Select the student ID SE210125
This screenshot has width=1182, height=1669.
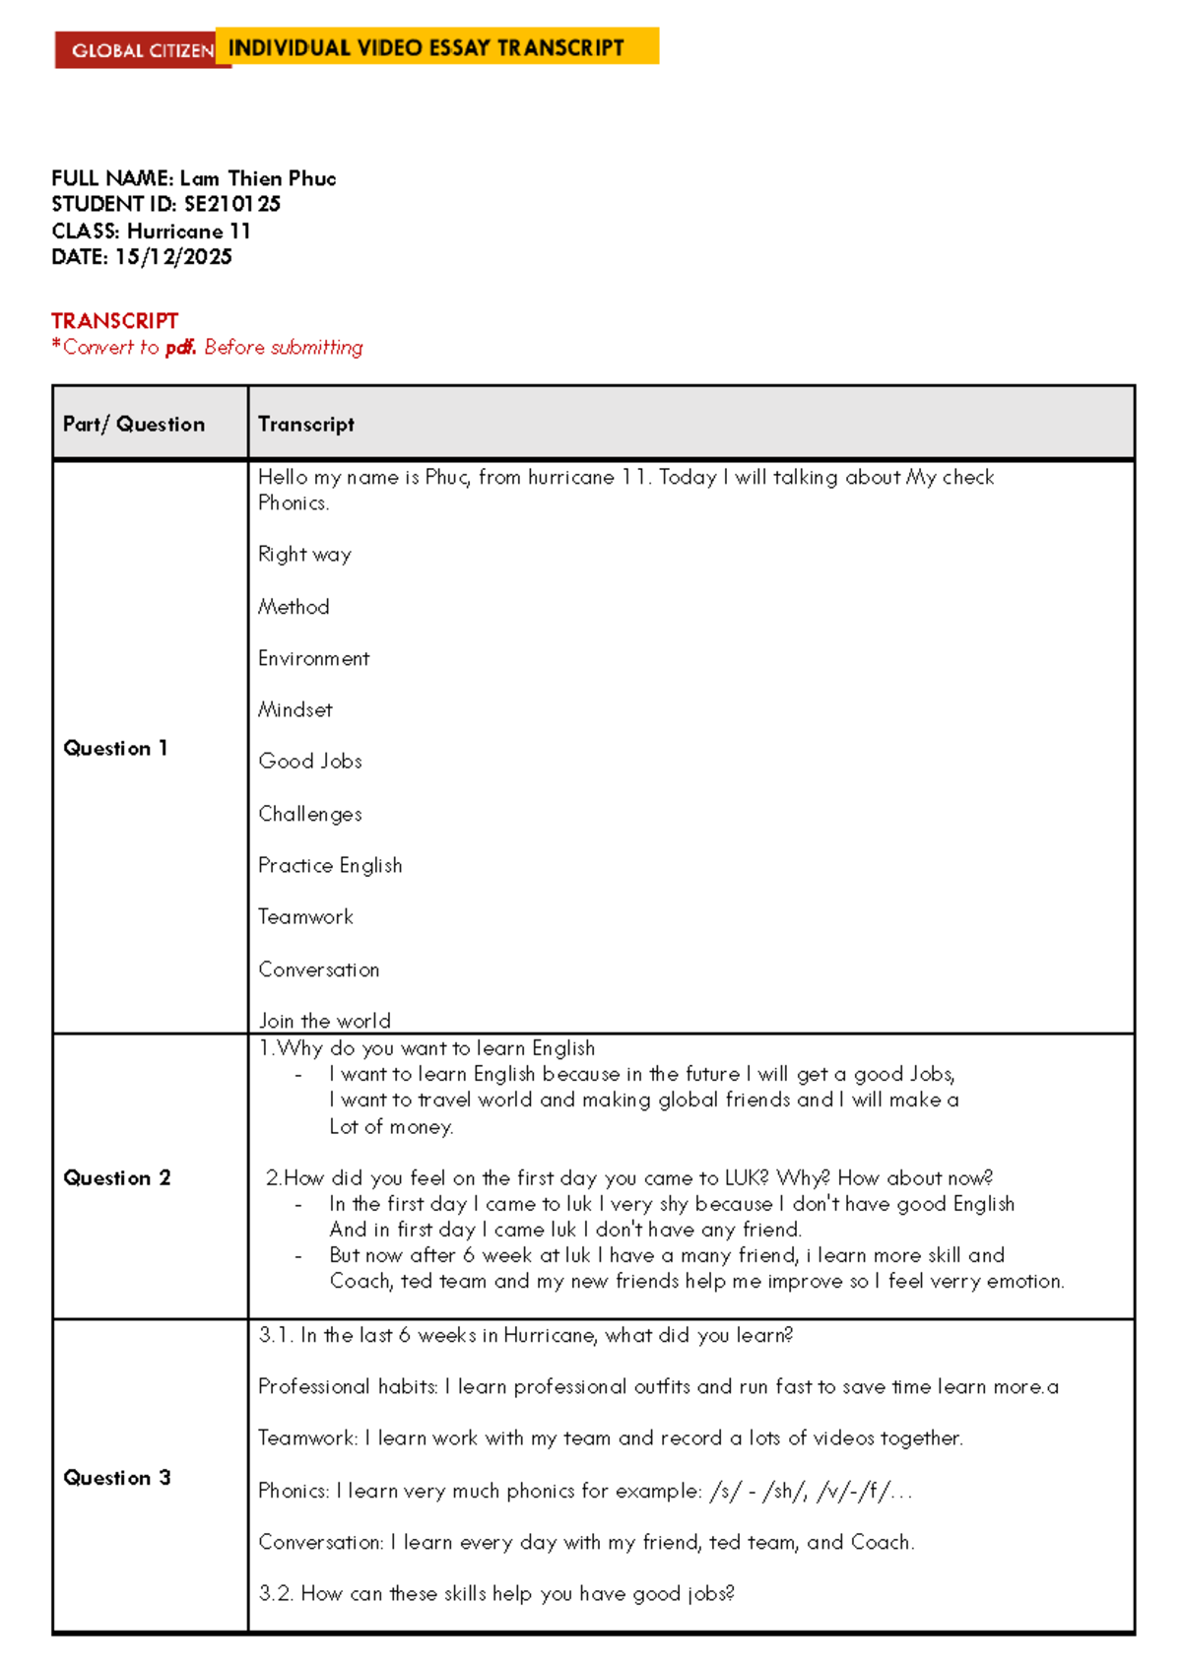point(232,204)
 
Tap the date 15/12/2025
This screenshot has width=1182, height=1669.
point(173,257)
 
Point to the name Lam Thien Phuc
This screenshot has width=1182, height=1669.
point(258,178)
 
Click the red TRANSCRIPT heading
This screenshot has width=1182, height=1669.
point(114,321)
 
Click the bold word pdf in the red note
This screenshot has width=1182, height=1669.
point(180,348)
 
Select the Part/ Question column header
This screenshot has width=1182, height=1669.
point(134,425)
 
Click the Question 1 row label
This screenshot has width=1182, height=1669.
point(115,749)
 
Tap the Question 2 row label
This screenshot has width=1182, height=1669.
point(116,1178)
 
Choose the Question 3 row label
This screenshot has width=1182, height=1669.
point(116,1478)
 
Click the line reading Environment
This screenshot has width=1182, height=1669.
point(313,658)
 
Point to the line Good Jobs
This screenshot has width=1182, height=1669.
point(310,762)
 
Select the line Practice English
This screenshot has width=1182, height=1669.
point(330,865)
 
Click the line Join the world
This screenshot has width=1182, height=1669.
point(324,1021)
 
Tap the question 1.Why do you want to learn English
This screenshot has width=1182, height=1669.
point(427,1048)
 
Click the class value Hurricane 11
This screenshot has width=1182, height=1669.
point(189,232)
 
